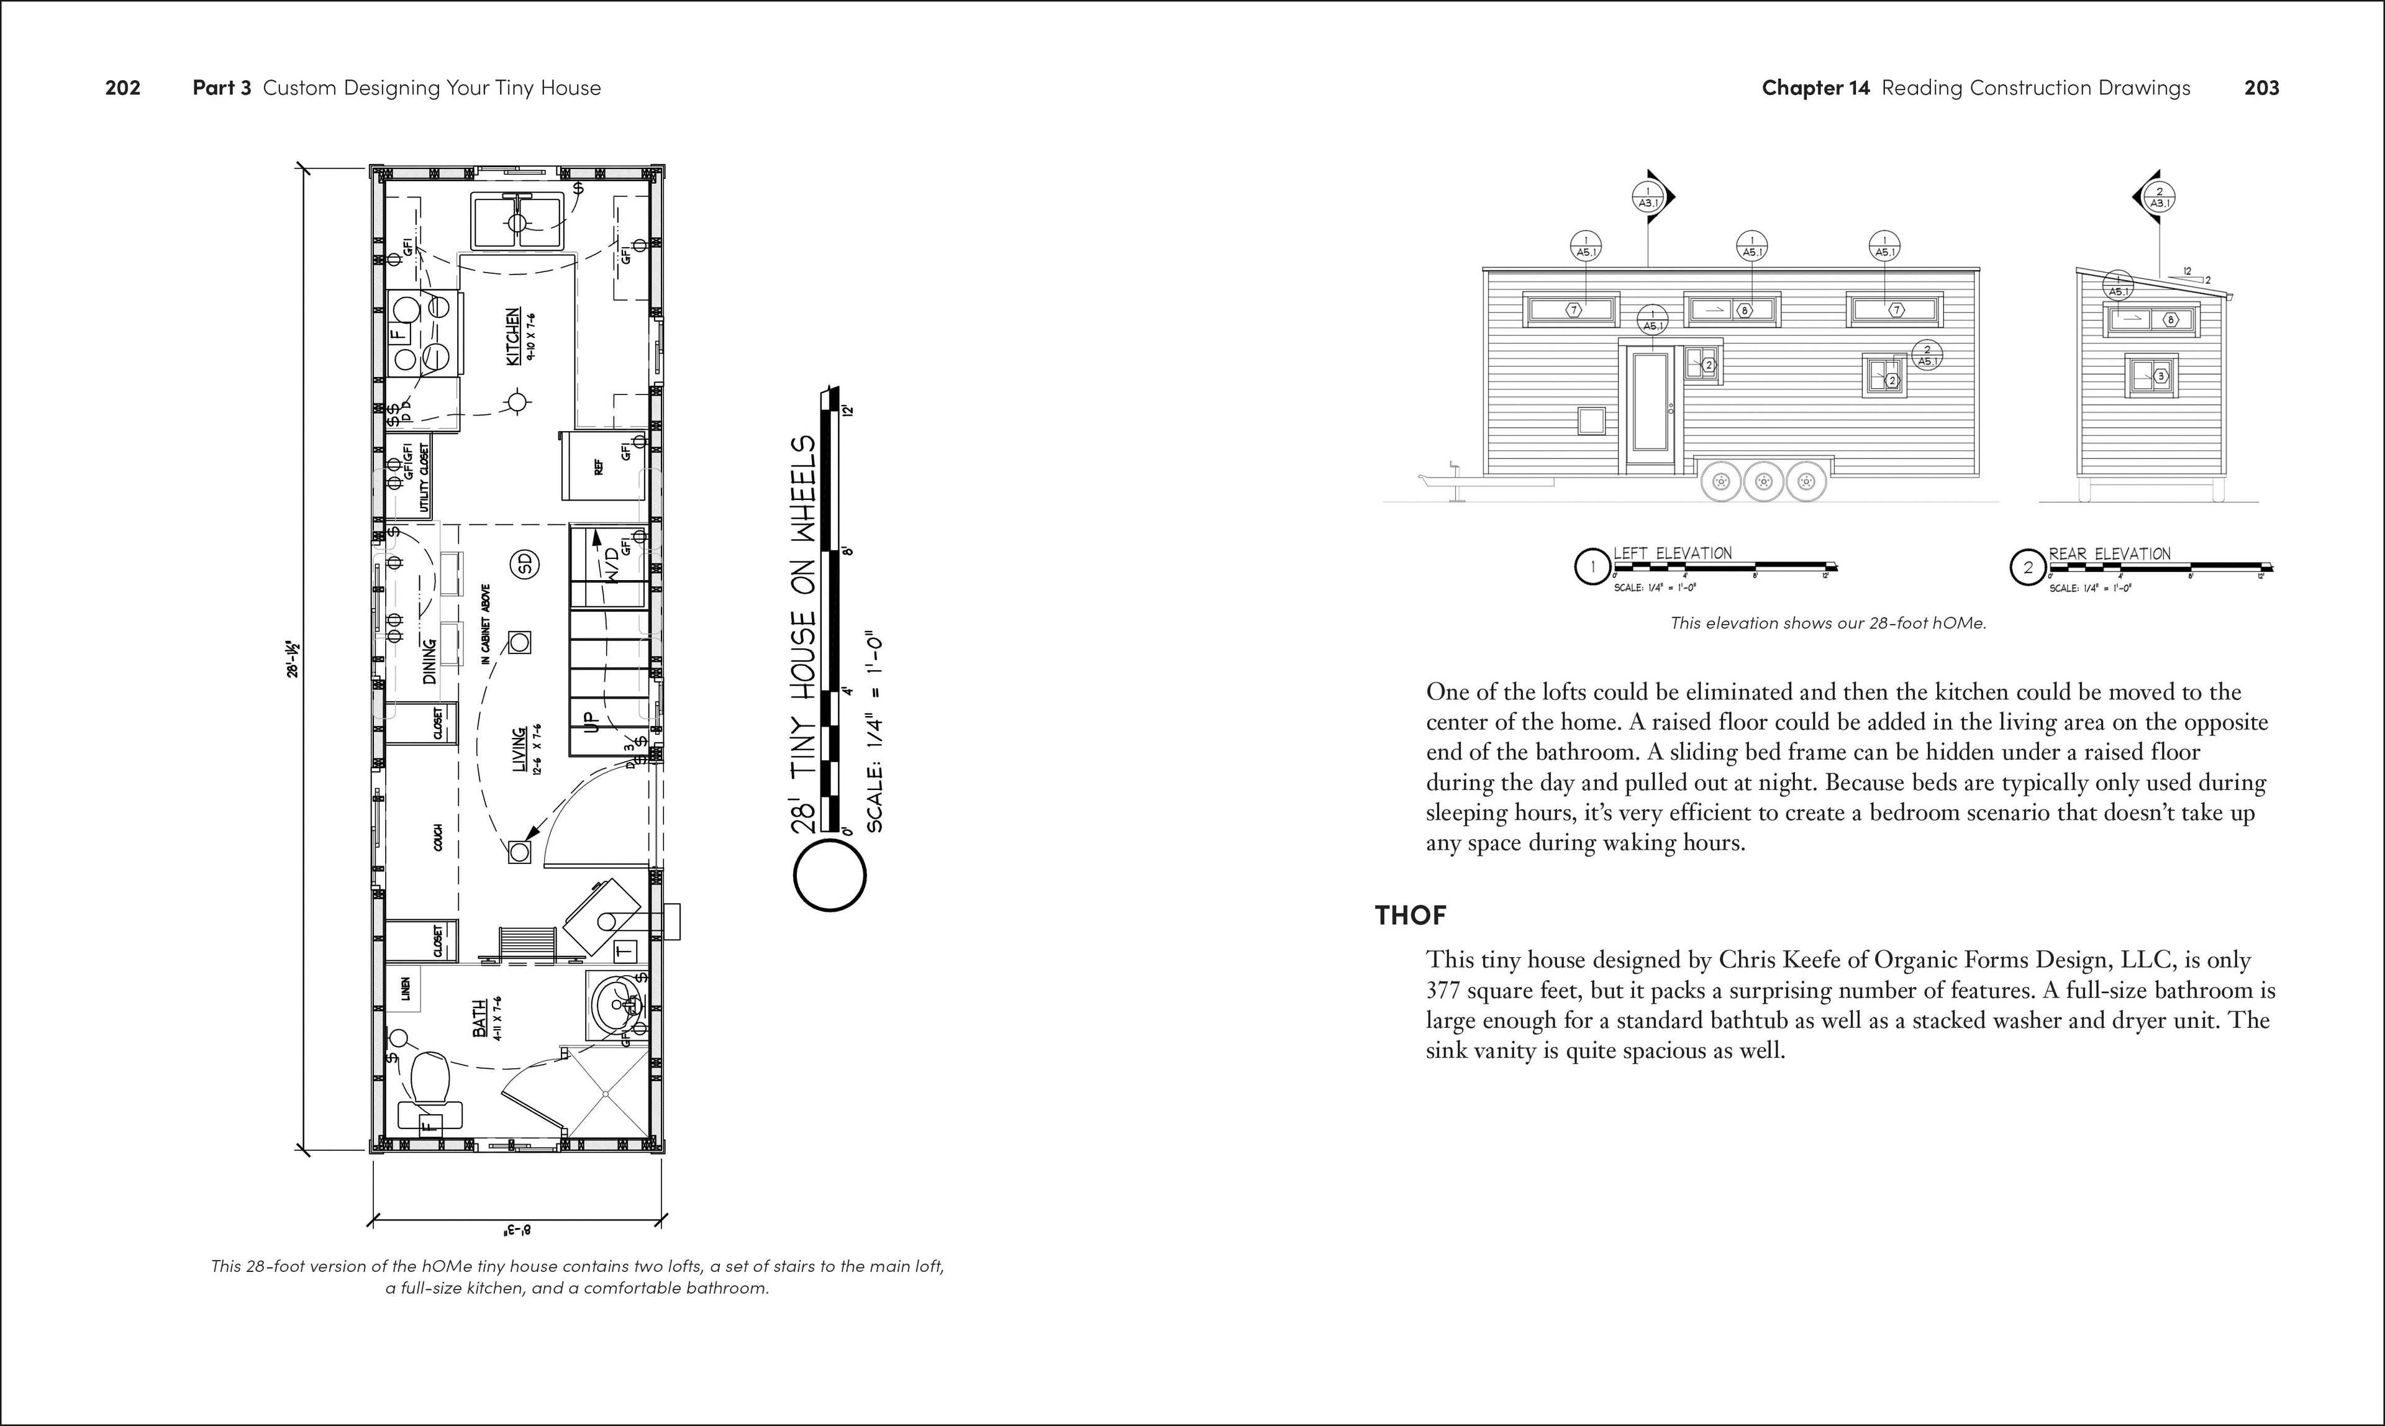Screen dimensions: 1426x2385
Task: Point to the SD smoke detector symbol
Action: (525, 564)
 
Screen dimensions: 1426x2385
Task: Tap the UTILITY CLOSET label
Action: (423, 478)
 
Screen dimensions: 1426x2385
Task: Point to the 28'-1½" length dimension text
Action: (293, 660)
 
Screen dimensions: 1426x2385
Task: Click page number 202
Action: (123, 88)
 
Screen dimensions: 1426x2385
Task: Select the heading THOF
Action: (1410, 915)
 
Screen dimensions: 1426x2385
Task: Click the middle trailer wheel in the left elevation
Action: (1763, 481)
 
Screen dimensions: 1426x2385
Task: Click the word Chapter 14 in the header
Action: (1815, 88)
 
